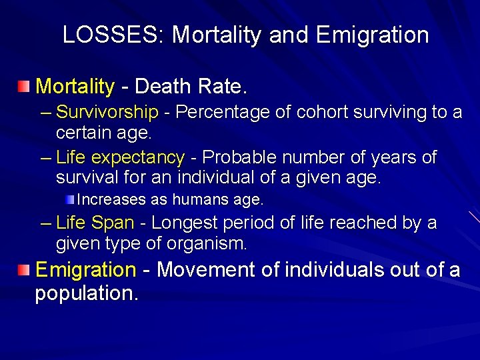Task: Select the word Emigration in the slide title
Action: point(372,35)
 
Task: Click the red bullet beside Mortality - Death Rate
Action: point(24,86)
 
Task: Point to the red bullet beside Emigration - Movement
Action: point(24,269)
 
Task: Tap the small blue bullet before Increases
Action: point(71,198)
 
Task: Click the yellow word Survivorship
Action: point(107,113)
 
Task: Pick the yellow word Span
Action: point(113,223)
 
